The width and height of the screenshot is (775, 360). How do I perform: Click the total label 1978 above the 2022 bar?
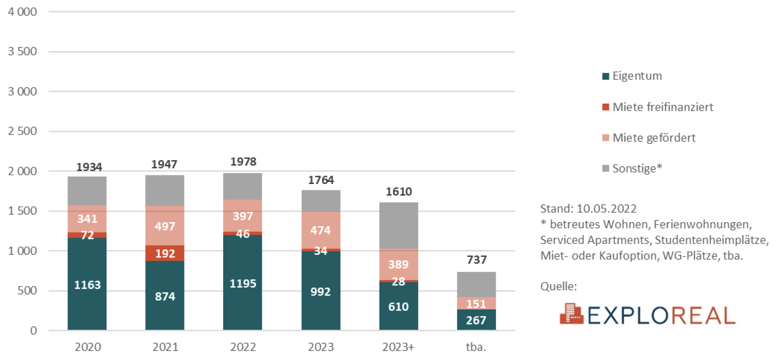(x=243, y=163)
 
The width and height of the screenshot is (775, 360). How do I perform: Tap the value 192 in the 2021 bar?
(x=165, y=253)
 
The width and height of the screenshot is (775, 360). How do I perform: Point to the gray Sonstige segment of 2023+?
(x=398, y=225)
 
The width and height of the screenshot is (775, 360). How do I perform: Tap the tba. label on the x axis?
(x=476, y=346)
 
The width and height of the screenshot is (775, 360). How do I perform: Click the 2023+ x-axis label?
(x=398, y=346)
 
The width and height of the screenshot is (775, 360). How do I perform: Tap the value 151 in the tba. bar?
(x=476, y=303)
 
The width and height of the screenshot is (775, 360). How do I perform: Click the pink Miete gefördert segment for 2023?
(x=321, y=230)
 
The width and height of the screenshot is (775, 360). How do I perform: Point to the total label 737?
(x=476, y=260)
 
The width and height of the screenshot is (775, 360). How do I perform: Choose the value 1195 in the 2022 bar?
(x=243, y=284)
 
